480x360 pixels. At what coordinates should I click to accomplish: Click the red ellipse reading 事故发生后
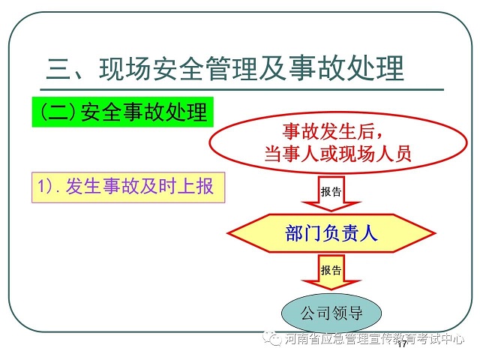tap(338, 142)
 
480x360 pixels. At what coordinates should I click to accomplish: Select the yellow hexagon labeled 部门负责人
tap(331, 233)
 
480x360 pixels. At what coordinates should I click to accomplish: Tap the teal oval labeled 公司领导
tap(331, 313)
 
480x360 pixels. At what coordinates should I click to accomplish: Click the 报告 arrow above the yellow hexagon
tap(331, 193)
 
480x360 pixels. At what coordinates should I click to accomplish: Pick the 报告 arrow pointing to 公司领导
tap(331, 271)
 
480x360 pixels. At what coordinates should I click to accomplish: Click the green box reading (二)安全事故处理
tap(122, 112)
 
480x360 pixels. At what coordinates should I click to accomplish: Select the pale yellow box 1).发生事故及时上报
tap(128, 187)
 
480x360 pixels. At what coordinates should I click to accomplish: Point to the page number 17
tap(402, 344)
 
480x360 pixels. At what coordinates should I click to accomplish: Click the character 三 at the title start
tap(58, 68)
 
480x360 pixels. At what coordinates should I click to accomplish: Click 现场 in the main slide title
tap(124, 68)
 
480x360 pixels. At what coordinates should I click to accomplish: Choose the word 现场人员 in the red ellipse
tap(375, 154)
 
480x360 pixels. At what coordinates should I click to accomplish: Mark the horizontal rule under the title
tap(241, 90)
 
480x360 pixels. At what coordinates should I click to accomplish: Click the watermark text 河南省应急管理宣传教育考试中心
tap(374, 339)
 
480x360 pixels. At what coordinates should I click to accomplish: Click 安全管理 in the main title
tap(204, 68)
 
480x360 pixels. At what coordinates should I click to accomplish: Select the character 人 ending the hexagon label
tap(368, 233)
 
